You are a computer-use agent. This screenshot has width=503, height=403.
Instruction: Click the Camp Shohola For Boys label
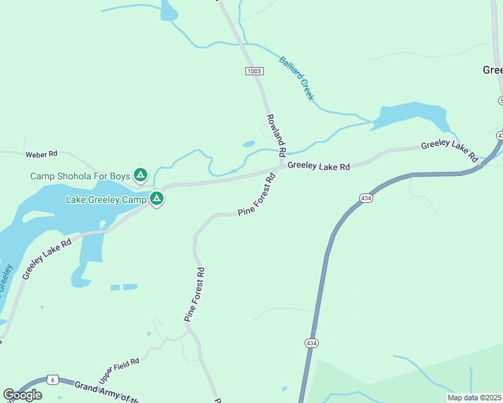[x=79, y=176]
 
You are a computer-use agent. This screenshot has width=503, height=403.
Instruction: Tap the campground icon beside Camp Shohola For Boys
[x=140, y=175]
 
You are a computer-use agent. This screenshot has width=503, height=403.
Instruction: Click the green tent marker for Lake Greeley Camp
[x=156, y=198]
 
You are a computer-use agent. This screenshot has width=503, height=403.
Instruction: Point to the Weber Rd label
[x=39, y=154]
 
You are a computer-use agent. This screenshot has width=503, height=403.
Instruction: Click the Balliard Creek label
[x=297, y=78]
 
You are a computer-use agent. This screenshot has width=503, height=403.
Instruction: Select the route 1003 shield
[x=254, y=71]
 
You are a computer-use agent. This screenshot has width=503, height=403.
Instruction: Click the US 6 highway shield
[x=52, y=379]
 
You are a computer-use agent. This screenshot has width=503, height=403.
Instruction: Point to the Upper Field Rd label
[x=119, y=371]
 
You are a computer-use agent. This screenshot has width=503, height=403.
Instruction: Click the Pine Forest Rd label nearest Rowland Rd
[x=258, y=195]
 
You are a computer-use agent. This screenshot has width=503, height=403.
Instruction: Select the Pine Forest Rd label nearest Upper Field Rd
[x=195, y=294]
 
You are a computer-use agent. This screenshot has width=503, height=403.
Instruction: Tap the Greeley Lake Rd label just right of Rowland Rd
[x=319, y=166]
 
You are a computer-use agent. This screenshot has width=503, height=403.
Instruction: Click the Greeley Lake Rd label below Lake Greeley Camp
[x=46, y=259]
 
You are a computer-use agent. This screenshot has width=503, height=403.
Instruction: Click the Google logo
[x=22, y=394]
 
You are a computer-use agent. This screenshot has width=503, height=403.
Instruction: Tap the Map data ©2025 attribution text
[x=474, y=398]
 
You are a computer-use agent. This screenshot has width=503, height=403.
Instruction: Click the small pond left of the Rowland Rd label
[x=249, y=143]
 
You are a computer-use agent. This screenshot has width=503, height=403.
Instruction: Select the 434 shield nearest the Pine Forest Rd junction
[x=365, y=198]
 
